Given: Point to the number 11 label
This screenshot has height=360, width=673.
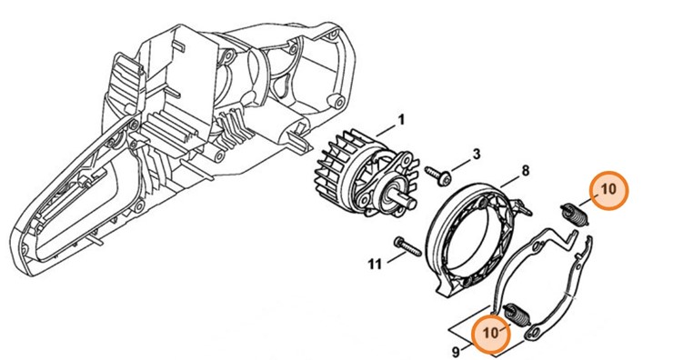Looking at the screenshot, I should (375, 265).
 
